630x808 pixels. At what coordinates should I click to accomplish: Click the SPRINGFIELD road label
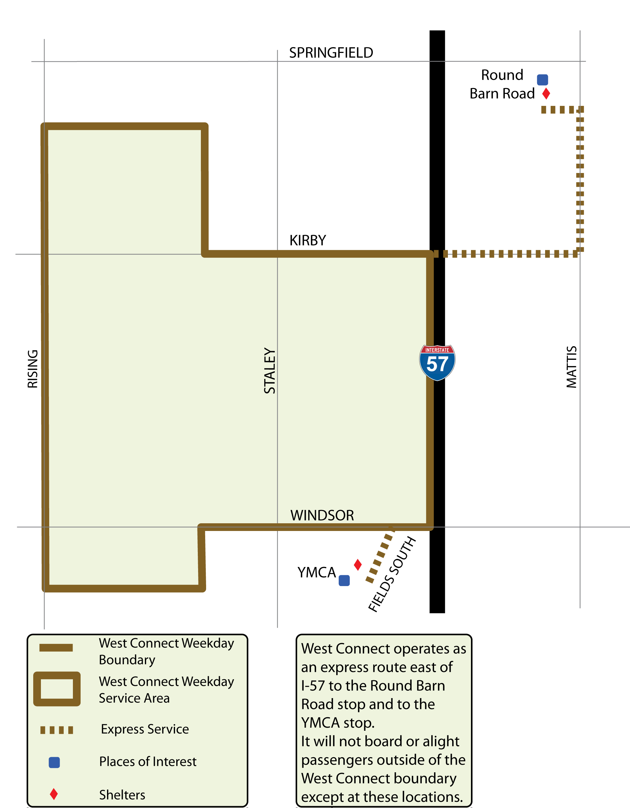pyautogui.click(x=331, y=53)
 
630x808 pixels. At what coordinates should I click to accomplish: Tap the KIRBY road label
pyautogui.click(x=308, y=240)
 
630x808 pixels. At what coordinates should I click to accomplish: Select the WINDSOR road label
pyautogui.click(x=322, y=515)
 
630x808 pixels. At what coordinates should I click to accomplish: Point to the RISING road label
pyautogui.click(x=33, y=369)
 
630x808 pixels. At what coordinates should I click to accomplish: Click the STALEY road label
pyautogui.click(x=269, y=371)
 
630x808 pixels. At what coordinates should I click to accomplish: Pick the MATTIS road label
pyautogui.click(x=572, y=367)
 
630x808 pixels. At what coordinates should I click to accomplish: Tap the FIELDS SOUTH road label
pyautogui.click(x=392, y=574)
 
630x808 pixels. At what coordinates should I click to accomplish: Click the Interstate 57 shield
pyautogui.click(x=437, y=363)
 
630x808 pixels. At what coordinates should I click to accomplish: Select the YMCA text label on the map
pyautogui.click(x=317, y=572)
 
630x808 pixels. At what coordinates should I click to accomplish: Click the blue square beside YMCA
pyautogui.click(x=344, y=581)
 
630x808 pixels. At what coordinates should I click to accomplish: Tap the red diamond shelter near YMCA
pyautogui.click(x=357, y=565)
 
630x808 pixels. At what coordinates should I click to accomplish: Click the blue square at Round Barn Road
pyautogui.click(x=542, y=79)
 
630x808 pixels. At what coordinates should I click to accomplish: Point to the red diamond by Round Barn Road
pyautogui.click(x=546, y=94)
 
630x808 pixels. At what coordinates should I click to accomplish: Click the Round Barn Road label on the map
pyautogui.click(x=502, y=84)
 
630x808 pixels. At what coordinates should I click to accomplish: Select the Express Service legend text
pyautogui.click(x=145, y=729)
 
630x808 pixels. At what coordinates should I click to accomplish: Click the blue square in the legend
pyautogui.click(x=54, y=762)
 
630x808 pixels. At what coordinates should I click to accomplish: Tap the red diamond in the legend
pyautogui.click(x=54, y=794)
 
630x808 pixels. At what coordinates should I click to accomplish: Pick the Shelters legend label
pyautogui.click(x=122, y=795)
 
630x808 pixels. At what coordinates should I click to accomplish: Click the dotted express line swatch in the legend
pyautogui.click(x=57, y=730)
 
